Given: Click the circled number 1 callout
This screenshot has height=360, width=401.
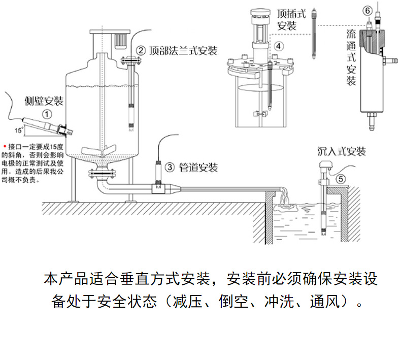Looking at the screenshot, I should click(x=47, y=114).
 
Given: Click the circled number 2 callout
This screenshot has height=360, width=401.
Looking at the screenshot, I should click(x=141, y=51).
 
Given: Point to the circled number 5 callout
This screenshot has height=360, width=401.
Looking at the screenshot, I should click(x=341, y=178).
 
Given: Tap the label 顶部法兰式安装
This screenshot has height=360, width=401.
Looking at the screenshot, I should click(x=183, y=51).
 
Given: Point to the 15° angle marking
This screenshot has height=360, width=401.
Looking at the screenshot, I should click(x=19, y=130).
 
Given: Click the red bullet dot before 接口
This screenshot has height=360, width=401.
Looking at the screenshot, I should click(x=5, y=145).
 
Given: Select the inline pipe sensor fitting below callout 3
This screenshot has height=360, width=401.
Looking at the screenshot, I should click(x=159, y=187).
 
